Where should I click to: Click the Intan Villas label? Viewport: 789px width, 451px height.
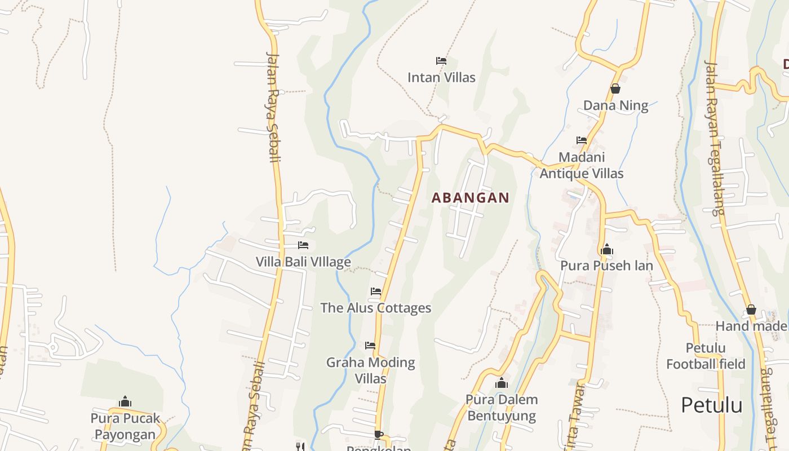[x=441, y=77]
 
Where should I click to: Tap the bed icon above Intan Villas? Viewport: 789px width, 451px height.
[x=441, y=60]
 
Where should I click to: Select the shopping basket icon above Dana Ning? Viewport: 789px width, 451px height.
[x=615, y=89]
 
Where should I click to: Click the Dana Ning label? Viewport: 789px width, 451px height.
[x=615, y=105]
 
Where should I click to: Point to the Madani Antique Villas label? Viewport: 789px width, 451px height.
[x=582, y=165]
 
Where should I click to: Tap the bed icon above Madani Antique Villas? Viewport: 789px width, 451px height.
[x=582, y=140]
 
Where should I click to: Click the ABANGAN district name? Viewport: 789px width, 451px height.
[x=471, y=198]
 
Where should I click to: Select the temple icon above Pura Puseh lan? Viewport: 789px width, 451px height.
[x=607, y=249]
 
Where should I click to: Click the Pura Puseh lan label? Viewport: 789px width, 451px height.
[x=607, y=266]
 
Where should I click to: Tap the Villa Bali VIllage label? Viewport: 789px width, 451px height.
[x=303, y=262]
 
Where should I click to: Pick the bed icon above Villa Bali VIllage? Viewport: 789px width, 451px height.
[x=303, y=245]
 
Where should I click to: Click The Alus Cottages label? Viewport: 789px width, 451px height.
[x=376, y=308]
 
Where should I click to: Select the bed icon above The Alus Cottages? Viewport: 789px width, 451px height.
[x=376, y=291]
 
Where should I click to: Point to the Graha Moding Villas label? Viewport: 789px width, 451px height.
[x=371, y=370]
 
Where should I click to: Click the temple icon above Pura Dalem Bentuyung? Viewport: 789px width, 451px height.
[x=502, y=383]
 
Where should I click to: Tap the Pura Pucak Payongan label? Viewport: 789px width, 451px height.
[x=125, y=426]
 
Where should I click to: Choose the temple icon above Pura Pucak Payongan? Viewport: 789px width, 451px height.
[x=125, y=401]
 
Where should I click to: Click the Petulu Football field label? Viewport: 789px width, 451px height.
[x=706, y=356]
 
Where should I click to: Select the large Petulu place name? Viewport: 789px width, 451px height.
[x=711, y=405]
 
